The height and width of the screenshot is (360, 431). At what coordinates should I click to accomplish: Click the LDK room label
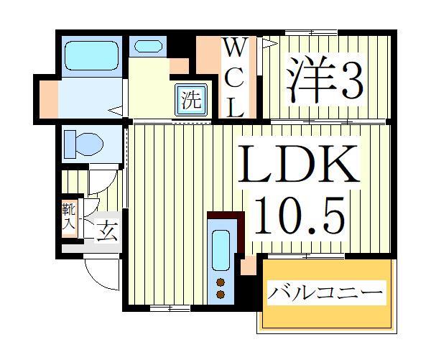298,165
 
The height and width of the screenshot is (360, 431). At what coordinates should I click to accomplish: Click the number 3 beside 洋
350,81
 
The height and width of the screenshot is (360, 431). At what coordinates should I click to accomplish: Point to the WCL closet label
236,78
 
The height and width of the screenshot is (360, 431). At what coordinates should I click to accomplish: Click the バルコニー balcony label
325,293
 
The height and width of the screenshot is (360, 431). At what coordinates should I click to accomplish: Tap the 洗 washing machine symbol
190,99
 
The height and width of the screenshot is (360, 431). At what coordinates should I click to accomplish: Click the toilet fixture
80,142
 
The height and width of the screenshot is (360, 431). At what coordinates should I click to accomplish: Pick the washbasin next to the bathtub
149,46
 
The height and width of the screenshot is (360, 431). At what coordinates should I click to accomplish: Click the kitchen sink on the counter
221,249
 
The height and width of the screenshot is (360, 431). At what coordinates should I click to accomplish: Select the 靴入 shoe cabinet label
68,216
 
